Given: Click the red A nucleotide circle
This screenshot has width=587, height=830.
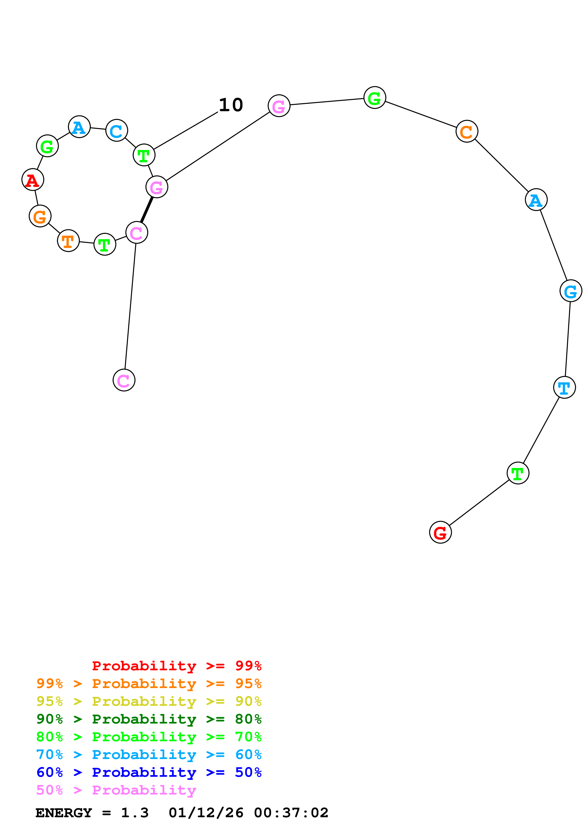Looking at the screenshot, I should (32, 180).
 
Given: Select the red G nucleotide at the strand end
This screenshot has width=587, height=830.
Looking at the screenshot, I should (440, 533).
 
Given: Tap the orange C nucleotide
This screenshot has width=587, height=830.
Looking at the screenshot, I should (466, 131).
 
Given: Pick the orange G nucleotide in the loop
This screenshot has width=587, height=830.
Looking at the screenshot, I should (40, 216).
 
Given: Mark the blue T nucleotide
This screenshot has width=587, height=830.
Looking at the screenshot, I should (564, 387).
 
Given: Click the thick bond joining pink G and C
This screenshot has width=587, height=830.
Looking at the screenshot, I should (147, 210).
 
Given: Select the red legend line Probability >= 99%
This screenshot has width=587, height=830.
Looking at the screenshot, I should (176, 666).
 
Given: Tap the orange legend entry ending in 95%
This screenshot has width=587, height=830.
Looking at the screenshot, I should (149, 684).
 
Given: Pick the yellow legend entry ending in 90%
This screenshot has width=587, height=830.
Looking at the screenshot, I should (149, 701).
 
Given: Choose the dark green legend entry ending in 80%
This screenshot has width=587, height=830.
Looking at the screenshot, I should (149, 719).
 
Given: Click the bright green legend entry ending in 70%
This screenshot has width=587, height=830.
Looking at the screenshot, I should (149, 737).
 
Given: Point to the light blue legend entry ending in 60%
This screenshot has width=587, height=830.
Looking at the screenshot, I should (149, 755).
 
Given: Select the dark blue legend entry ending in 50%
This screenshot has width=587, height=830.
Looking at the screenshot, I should (149, 772).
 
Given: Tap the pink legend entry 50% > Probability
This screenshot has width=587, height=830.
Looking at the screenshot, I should (116, 790).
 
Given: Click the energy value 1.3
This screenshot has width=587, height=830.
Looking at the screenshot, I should (134, 813).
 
